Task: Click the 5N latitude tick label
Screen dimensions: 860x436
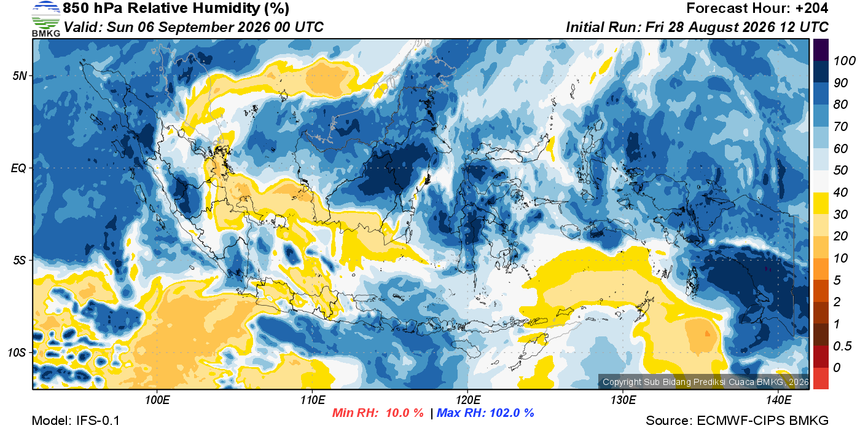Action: [20, 76]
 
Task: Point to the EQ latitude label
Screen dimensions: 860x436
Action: [18, 168]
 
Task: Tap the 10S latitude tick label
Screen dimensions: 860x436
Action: [17, 352]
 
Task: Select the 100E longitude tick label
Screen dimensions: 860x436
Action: [157, 400]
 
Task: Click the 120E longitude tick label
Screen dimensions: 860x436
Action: [467, 400]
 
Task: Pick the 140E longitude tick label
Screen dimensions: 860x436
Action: [778, 400]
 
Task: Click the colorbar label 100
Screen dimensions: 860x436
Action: [844, 61]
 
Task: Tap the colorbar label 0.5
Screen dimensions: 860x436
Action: [842, 346]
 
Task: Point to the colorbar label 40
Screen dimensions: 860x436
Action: [840, 192]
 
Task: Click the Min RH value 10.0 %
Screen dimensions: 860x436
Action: [405, 413]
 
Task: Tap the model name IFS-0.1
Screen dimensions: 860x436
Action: [98, 421]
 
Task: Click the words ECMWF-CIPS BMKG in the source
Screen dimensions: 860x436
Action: [762, 421]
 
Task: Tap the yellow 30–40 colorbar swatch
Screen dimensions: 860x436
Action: [821, 204]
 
